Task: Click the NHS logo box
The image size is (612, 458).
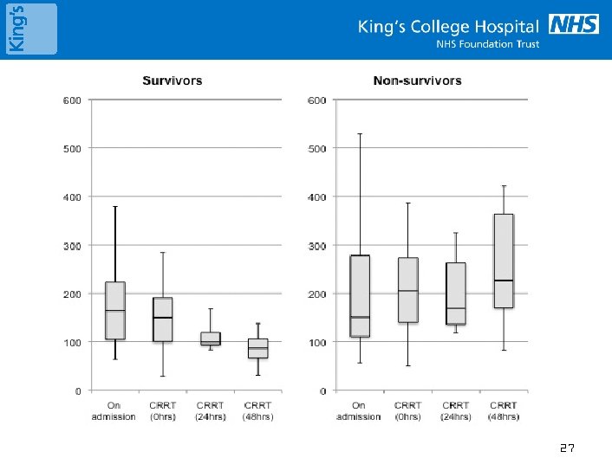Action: [574, 24]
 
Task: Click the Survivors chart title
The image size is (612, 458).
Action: [173, 81]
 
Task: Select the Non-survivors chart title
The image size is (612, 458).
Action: [417, 81]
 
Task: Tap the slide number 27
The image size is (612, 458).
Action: [567, 448]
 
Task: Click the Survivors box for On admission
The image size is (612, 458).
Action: [115, 310]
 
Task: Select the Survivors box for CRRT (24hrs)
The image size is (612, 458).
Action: [211, 339]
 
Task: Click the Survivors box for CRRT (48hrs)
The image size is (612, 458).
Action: [257, 348]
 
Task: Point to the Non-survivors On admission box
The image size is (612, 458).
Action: [360, 296]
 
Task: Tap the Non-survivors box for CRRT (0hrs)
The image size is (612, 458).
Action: [407, 290]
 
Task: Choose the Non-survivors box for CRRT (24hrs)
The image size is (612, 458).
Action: [455, 294]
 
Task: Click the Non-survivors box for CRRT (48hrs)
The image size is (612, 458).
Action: [503, 261]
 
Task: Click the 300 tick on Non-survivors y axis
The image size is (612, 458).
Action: [316, 246]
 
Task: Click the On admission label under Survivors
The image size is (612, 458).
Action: [115, 410]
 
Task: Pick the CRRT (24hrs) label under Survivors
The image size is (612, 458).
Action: [211, 410]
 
